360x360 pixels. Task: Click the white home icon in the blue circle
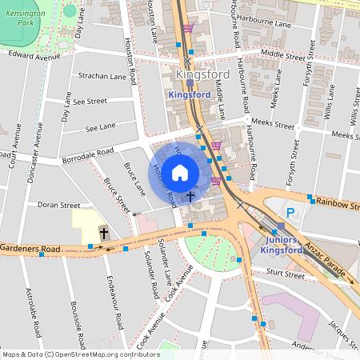point(180,171)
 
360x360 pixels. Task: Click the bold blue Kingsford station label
point(190,94)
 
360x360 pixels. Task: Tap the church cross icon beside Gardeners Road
point(103,233)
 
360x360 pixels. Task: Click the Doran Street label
point(60,205)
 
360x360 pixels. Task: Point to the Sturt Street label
point(285,274)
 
